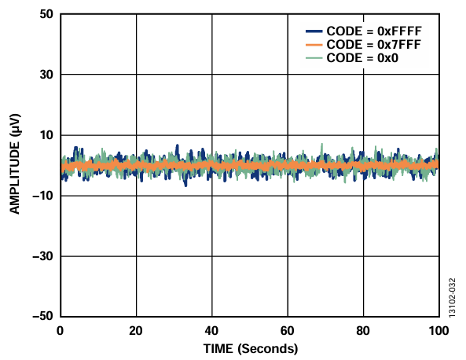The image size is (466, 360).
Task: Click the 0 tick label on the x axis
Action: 61,331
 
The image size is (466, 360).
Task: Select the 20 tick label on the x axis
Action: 136,331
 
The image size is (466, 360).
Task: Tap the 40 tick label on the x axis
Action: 211,331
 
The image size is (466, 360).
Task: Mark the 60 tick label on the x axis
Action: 288,331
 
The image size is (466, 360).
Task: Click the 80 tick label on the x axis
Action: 363,331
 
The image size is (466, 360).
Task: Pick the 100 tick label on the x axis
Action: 437,331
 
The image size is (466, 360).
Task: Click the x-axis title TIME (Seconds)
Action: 249,347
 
